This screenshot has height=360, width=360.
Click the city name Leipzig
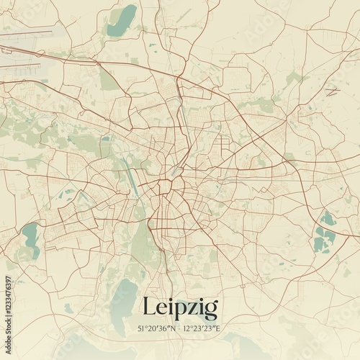180,307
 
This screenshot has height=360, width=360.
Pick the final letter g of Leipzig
211,310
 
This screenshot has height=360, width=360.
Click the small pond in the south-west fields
68,308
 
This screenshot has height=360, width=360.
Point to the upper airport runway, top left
29,32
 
